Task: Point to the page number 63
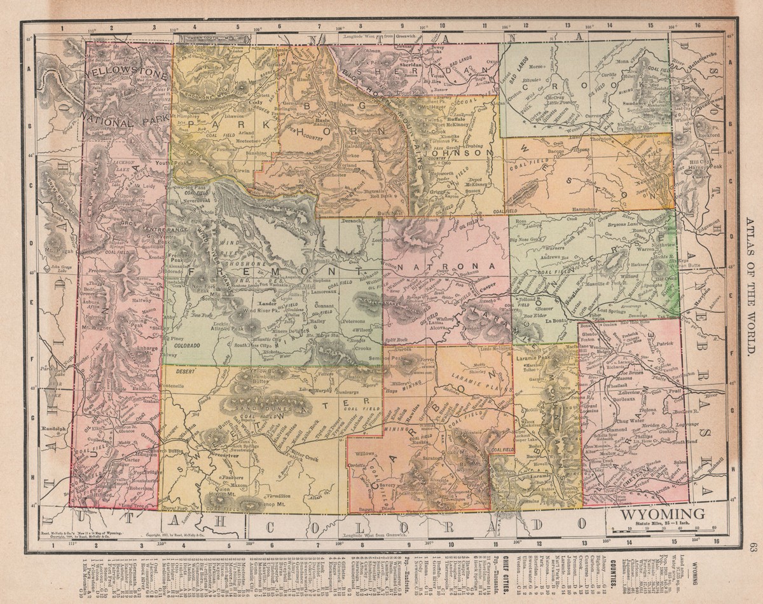pos(753,547)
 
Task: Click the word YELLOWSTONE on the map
pos(127,74)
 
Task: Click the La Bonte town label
pos(557,321)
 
